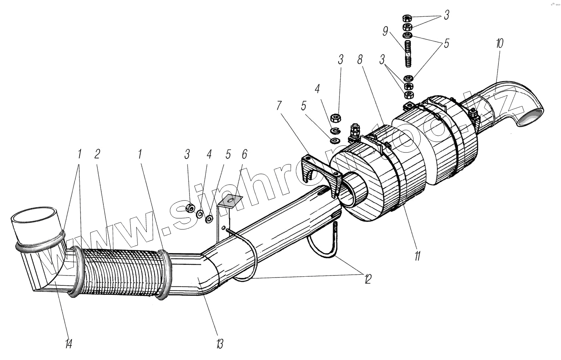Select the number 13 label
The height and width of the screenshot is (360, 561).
[218, 344]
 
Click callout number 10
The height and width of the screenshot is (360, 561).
[499, 43]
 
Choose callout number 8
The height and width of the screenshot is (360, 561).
[360, 60]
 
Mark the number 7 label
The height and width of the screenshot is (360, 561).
[279, 106]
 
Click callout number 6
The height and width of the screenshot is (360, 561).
[244, 154]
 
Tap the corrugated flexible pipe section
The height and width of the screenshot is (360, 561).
[120, 272]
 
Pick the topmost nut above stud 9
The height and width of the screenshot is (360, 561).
[406, 18]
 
